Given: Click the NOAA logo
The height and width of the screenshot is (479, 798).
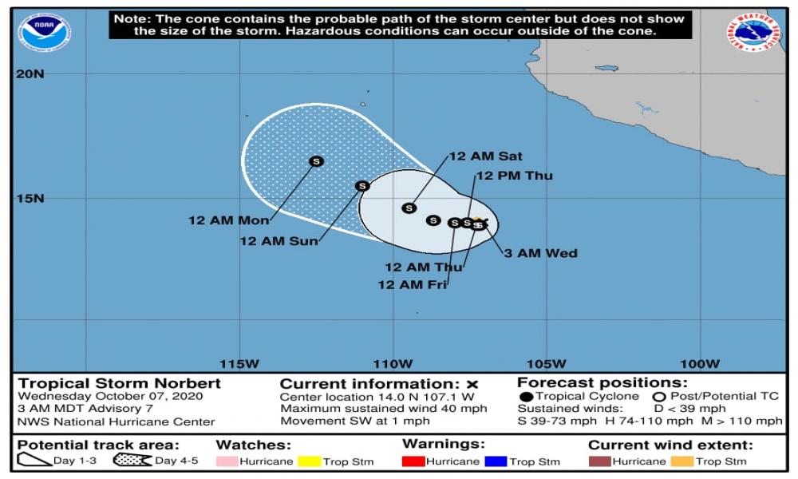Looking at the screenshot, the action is click(45, 33).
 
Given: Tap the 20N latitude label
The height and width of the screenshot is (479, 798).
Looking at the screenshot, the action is click(31, 74).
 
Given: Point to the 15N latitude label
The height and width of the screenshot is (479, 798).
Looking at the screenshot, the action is click(31, 198).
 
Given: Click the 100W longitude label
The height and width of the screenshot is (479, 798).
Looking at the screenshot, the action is click(700, 364).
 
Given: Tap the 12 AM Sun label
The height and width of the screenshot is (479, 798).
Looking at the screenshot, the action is click(279, 240).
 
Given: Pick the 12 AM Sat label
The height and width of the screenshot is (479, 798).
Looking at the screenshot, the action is click(485, 156).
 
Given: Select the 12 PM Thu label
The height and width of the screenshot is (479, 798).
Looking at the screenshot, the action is click(514, 176).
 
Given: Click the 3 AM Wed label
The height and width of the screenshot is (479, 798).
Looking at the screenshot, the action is click(540, 253).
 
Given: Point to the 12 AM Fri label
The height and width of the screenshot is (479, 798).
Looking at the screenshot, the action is click(412, 284).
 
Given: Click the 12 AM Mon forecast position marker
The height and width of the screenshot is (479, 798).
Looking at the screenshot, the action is click(316, 161).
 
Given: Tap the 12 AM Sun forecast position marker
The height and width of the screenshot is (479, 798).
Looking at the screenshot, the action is click(362, 186).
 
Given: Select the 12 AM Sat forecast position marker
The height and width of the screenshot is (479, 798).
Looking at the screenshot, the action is click(409, 208).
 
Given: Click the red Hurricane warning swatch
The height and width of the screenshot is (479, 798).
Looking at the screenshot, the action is click(413, 461).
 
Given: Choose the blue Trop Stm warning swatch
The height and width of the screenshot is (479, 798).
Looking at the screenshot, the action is click(496, 461).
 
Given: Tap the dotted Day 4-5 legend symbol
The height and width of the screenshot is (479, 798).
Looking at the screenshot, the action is click(132, 461).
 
